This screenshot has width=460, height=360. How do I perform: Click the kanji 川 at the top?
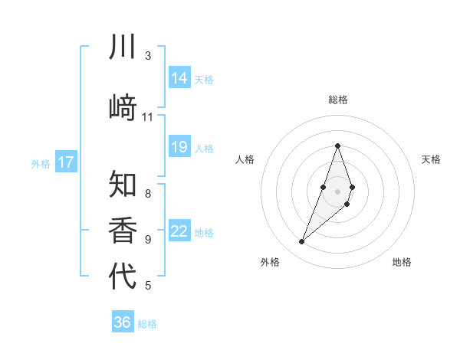point(123,47)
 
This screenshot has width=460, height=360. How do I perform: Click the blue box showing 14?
point(179,78)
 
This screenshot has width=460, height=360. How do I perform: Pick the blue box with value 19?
point(179,148)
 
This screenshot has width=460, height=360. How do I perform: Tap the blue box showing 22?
point(179,231)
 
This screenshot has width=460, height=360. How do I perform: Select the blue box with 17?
point(66,162)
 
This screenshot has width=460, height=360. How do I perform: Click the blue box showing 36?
point(123,322)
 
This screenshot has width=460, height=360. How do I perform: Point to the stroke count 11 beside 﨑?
point(148,117)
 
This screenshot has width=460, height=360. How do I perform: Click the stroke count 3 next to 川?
point(148,55)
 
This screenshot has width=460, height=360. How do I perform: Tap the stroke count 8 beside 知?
point(148,193)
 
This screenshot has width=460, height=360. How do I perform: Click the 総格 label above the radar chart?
point(337,100)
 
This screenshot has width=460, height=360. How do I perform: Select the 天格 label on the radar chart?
point(431,159)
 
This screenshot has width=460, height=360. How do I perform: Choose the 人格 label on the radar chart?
point(245,159)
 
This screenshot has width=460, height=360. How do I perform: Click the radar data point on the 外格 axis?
point(302,242)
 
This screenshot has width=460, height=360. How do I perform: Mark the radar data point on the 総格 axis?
point(337,146)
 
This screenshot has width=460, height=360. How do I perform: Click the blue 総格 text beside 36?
point(147,324)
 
